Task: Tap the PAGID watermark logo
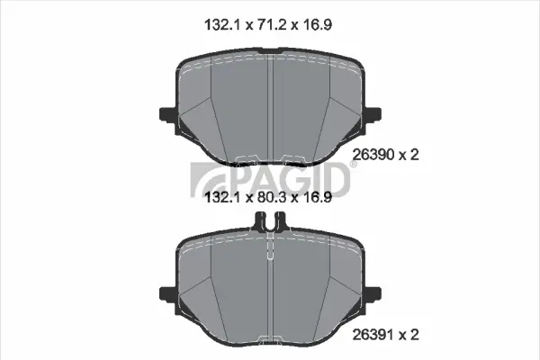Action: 271,176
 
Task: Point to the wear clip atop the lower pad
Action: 271,221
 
